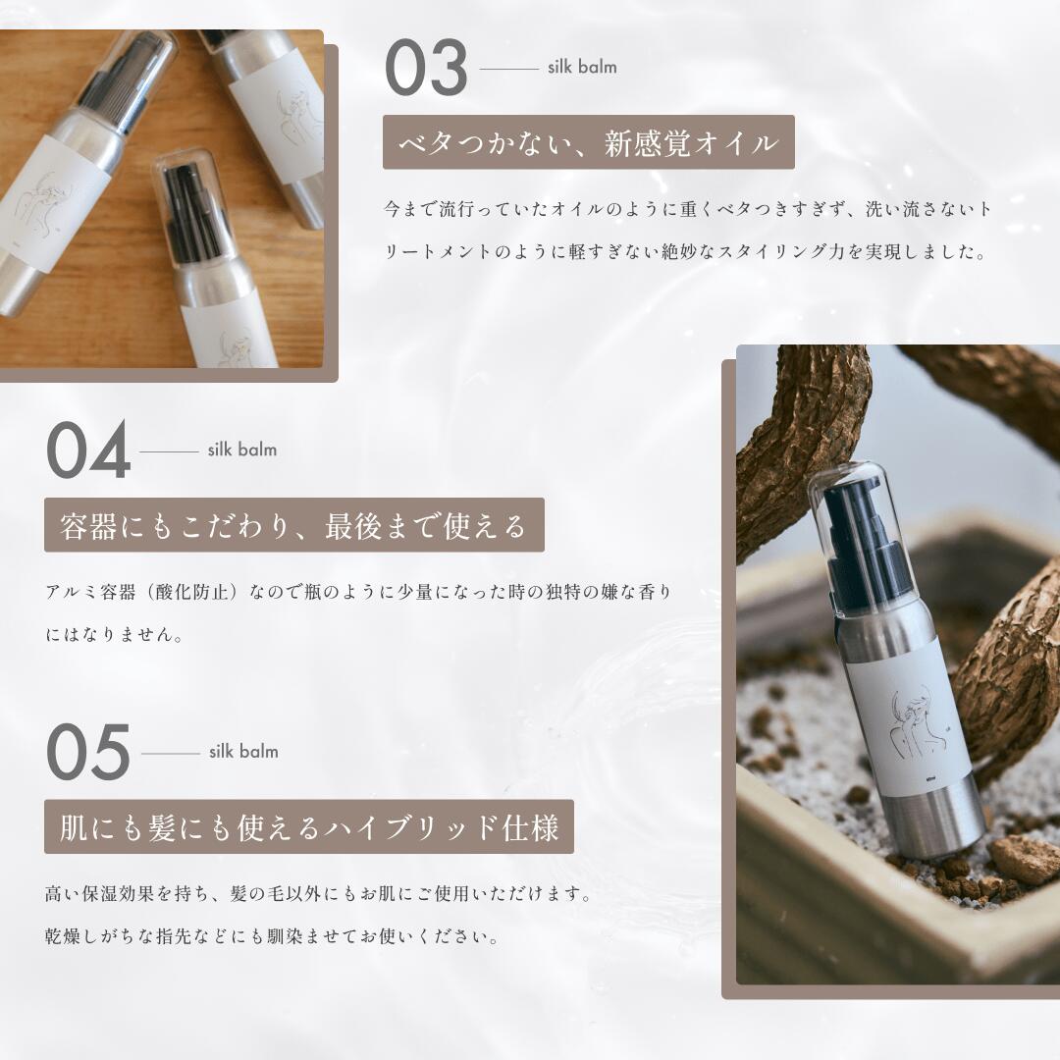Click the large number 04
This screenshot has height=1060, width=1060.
[88, 451]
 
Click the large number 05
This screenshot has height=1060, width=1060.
[88, 753]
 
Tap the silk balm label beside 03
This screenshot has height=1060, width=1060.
[582, 67]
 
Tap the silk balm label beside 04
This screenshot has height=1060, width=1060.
[241, 450]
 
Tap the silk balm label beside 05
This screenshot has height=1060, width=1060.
[243, 751]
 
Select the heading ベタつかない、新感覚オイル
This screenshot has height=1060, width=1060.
[588, 143]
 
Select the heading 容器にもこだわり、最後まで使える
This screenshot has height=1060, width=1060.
[293, 525]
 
